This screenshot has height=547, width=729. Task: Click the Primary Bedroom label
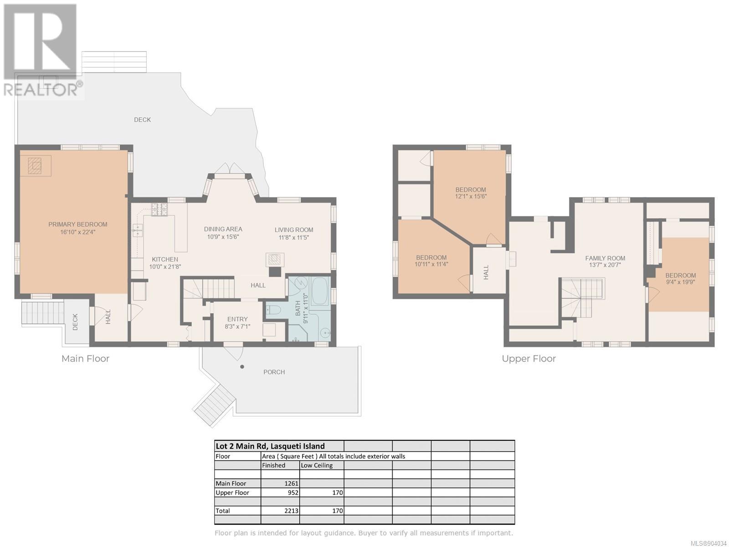pos(78,225)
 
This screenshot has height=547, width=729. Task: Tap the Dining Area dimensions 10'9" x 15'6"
pos(223,237)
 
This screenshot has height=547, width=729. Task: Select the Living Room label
pos(294,230)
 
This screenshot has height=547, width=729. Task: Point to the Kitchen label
pos(165,259)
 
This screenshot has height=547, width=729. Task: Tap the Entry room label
pos(237,319)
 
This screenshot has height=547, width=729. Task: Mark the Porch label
pos(274,372)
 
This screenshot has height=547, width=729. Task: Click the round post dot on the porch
pos(242,366)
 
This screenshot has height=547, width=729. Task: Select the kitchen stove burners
pos(159,210)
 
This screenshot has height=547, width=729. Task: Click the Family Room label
pos(605,258)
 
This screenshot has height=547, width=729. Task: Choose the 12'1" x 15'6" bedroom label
pos(471,193)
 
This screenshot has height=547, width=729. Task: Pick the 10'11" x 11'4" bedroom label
pos(431,261)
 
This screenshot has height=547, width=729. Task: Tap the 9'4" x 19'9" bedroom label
pos(681,279)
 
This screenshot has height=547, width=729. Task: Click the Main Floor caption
pos(85,359)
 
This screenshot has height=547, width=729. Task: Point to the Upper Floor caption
pos(529,359)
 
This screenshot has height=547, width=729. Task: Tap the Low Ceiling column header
pos(317,465)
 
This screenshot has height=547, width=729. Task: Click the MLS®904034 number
pos(708,543)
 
